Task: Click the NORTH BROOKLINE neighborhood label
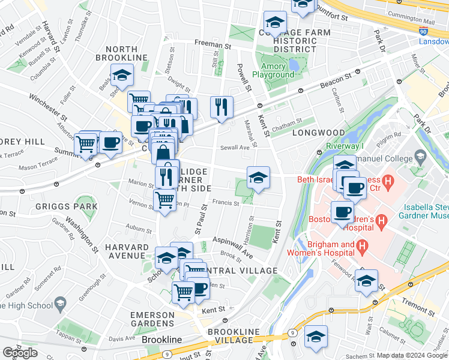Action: click(126, 52)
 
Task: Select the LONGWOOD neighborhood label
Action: click(318, 133)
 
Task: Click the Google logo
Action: click(20, 353)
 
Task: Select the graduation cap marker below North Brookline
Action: click(122, 76)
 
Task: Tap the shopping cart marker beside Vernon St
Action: click(164, 200)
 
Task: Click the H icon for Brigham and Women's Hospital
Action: click(362, 246)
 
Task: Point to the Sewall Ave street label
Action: click(234, 147)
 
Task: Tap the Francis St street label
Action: click(226, 203)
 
